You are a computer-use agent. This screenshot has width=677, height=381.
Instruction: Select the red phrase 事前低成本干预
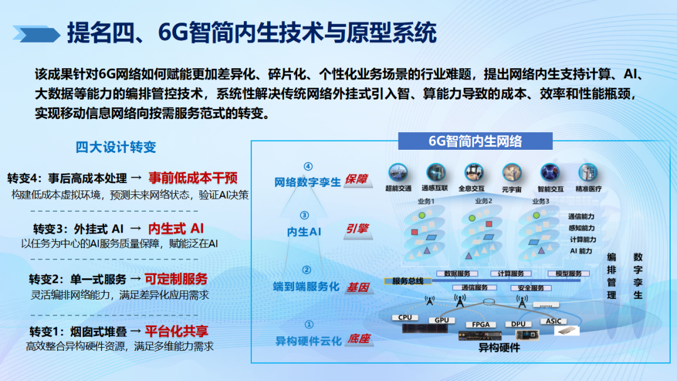(193, 177)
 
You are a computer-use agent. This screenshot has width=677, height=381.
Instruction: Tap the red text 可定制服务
(176, 279)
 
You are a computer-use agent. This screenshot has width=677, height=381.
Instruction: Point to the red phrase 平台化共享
(177, 331)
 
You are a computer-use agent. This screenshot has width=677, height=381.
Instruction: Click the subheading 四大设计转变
(116, 147)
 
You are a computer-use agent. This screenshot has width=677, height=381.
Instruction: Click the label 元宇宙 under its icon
(512, 188)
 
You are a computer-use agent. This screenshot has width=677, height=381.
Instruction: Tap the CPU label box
(406, 317)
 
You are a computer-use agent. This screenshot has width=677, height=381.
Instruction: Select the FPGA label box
(481, 325)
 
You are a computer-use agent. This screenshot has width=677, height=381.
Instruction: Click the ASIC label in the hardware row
(554, 320)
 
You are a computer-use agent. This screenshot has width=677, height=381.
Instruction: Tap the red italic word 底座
(359, 339)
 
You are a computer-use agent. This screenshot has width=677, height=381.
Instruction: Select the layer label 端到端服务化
(306, 286)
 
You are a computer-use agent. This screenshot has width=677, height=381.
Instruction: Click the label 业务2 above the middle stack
(483, 201)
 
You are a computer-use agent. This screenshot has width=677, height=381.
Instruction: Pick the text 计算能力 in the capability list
(582, 239)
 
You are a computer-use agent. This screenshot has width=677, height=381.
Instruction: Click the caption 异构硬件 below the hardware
(499, 348)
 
